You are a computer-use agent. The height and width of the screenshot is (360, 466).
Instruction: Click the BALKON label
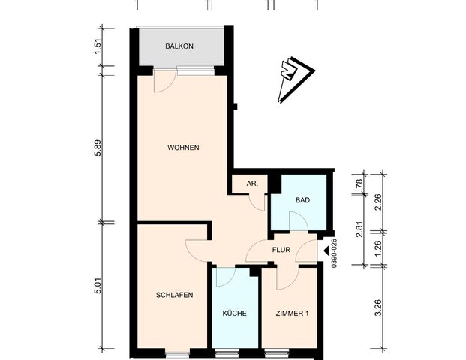pos(180,46)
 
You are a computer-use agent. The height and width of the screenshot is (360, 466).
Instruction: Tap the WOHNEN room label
pos(183,148)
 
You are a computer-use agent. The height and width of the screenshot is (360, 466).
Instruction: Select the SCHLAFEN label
pos(176,295)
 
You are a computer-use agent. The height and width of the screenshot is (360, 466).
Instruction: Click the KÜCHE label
pos(235,313)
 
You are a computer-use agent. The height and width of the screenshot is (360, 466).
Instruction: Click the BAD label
pos(302,200)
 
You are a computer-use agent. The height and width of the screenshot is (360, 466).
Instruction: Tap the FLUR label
pos(281,250)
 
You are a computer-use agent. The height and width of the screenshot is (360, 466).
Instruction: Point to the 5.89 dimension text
pos(96,148)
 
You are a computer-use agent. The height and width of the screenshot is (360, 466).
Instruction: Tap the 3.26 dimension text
pos(378,307)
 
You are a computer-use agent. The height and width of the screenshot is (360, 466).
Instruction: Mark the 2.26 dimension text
pos(378,202)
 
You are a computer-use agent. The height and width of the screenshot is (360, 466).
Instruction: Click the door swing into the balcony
pos(162,82)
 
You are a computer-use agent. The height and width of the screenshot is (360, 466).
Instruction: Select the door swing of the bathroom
pos(298,222)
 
